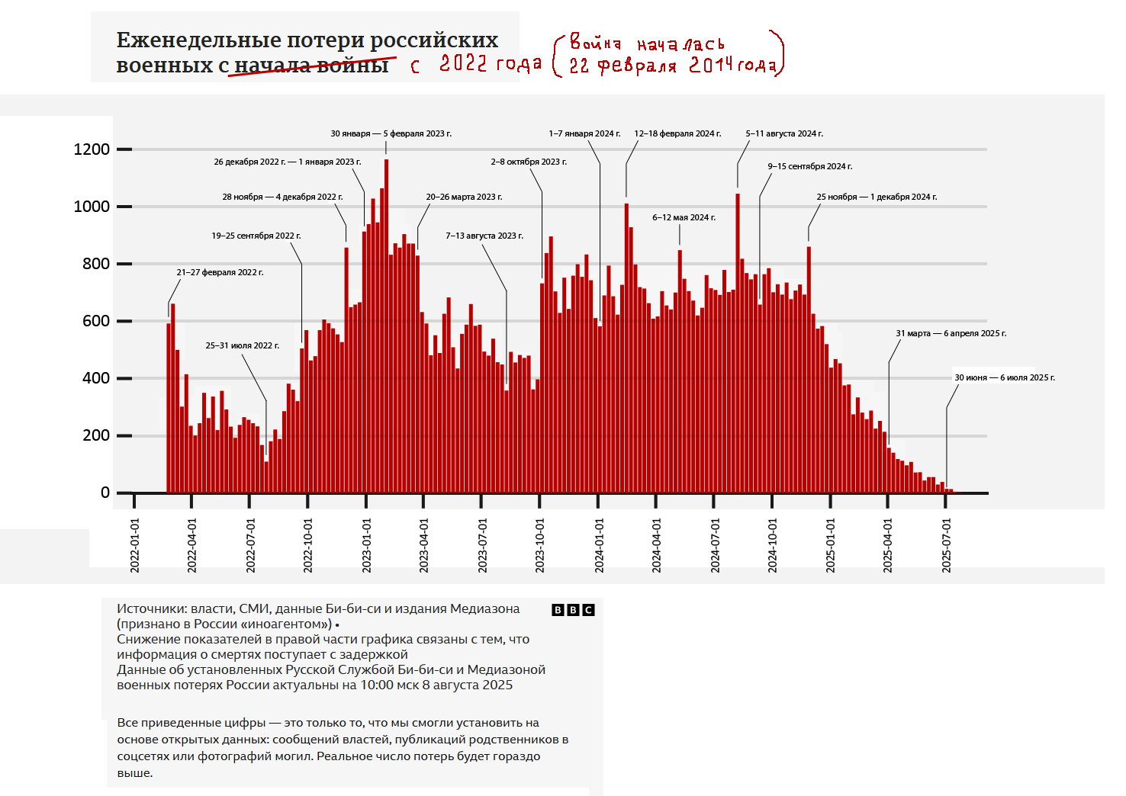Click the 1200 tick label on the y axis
click(92, 149)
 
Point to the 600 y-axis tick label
click(95, 321)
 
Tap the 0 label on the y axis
click(105, 493)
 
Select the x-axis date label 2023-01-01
click(366, 545)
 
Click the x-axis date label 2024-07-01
click(715, 545)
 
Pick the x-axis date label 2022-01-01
click(134, 545)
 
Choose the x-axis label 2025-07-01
click(946, 545)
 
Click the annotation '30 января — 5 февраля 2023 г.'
click(391, 133)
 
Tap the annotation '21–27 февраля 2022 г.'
click(220, 272)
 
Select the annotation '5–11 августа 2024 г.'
click(784, 133)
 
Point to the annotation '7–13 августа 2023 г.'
click(484, 236)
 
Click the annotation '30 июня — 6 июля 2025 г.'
click(1005, 377)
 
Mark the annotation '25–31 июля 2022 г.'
click(242, 345)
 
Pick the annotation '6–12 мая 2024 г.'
click(684, 217)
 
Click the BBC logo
click(573, 610)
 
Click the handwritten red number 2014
click(711, 66)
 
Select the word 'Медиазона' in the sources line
click(484, 608)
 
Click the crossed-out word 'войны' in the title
click(352, 66)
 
